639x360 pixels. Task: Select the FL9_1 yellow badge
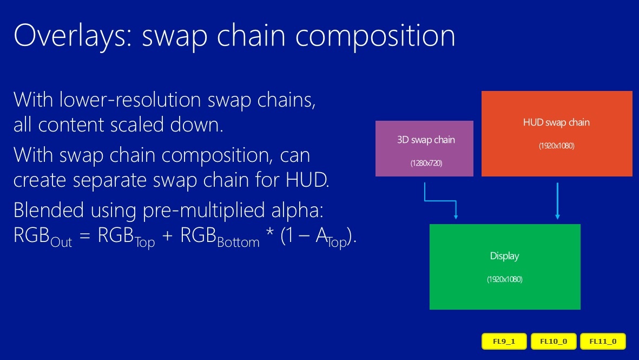pyautogui.click(x=504, y=341)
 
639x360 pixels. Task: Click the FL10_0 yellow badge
pyautogui.click(x=554, y=341)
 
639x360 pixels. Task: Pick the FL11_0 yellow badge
pyautogui.click(x=603, y=341)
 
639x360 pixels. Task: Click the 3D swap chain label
pyautogui.click(x=426, y=140)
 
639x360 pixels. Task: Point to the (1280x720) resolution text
pyautogui.click(x=426, y=163)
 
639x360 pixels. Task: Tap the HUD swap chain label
pyautogui.click(x=556, y=122)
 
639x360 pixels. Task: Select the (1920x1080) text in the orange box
pyautogui.click(x=557, y=146)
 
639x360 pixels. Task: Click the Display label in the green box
pyautogui.click(x=504, y=256)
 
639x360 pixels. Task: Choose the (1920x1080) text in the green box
pyautogui.click(x=504, y=279)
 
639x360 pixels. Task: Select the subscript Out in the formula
pyautogui.click(x=61, y=242)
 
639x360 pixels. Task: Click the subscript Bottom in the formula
pyautogui.click(x=239, y=242)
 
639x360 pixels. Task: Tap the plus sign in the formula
pyautogui.click(x=167, y=235)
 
